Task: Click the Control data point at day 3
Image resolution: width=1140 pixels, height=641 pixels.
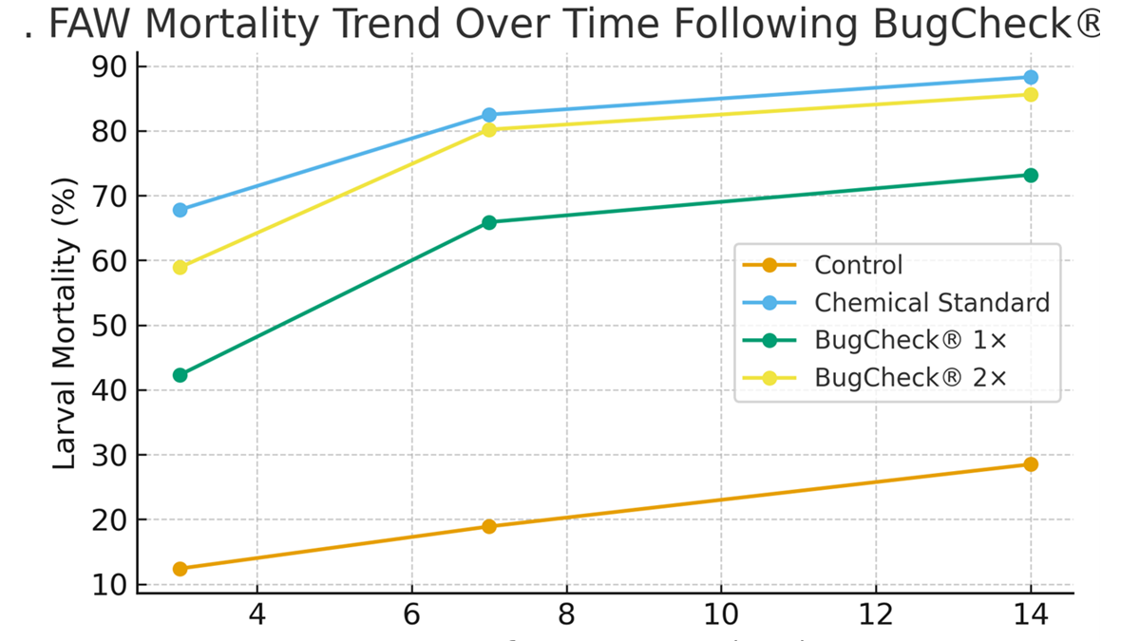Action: (x=180, y=569)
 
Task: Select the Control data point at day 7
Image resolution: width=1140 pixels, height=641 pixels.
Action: (x=489, y=526)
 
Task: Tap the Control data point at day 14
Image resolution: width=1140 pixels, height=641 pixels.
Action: (x=1031, y=464)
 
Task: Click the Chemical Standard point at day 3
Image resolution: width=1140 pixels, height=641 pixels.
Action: (x=180, y=210)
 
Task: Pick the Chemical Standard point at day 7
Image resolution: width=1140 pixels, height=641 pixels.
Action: (x=489, y=115)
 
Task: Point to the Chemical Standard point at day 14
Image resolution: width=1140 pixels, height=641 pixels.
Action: (x=1031, y=77)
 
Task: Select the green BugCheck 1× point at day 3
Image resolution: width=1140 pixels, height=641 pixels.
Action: (x=180, y=375)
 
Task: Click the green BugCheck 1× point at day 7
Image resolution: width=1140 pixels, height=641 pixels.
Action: (x=489, y=222)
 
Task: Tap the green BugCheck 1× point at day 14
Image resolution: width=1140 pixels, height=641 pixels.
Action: (x=1031, y=175)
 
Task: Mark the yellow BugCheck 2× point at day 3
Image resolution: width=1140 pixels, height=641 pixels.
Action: (x=180, y=267)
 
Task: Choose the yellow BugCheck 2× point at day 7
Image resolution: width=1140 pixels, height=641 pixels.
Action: (x=489, y=130)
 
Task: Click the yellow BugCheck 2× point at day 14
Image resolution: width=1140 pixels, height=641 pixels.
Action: (x=1031, y=94)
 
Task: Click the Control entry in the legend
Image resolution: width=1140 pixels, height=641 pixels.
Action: (x=858, y=265)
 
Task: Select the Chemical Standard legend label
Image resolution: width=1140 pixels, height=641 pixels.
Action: (x=931, y=303)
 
